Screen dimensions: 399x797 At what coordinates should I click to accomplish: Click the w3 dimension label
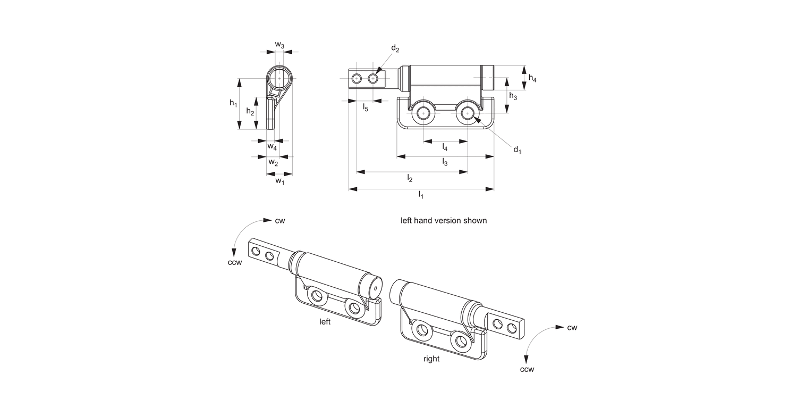(279, 46)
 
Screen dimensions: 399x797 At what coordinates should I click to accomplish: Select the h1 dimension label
(233, 103)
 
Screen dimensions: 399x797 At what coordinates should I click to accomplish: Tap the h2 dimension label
(250, 112)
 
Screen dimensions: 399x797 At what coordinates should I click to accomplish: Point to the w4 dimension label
(272, 146)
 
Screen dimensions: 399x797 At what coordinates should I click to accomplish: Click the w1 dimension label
(279, 181)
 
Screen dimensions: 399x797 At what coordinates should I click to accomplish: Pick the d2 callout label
(395, 49)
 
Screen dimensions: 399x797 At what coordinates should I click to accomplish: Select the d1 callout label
(516, 150)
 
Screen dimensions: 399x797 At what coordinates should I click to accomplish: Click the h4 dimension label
(532, 78)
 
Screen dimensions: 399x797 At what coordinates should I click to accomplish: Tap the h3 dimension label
(513, 96)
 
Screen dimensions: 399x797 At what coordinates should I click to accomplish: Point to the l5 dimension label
(366, 108)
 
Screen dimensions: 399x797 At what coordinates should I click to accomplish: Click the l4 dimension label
(445, 147)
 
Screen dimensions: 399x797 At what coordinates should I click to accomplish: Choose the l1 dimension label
(421, 195)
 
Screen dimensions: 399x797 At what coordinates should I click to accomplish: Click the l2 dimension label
(410, 179)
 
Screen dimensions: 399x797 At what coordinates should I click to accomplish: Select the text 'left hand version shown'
(443, 220)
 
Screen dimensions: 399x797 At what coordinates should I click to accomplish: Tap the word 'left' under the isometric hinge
(325, 322)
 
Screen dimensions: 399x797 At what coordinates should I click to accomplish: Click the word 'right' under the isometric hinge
(431, 359)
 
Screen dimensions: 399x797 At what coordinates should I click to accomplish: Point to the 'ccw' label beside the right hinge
(527, 369)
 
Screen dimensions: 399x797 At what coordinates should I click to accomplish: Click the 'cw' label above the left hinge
(280, 220)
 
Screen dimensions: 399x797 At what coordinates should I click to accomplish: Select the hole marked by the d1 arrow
(468, 113)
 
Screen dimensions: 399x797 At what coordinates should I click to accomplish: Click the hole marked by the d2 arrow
(373, 79)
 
